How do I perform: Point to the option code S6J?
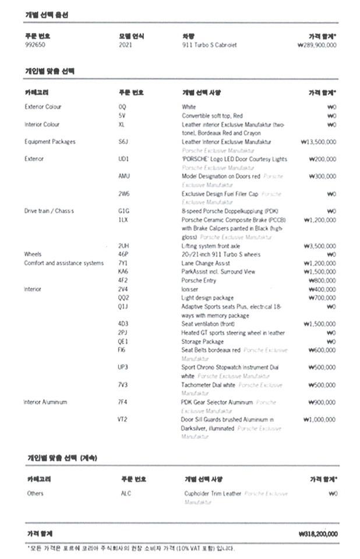point(123,141)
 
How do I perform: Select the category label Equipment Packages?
point(50,141)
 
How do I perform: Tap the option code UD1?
point(123,159)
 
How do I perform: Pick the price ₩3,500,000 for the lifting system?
point(320,246)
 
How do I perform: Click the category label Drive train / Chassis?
point(49,211)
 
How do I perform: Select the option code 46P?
point(123,254)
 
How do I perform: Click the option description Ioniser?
point(189,289)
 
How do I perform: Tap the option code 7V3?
point(123,385)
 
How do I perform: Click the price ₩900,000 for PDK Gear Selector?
point(322,402)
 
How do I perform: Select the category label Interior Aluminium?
point(45,402)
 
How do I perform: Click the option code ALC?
point(126,494)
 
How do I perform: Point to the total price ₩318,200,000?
point(317,533)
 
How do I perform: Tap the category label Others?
point(35,494)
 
